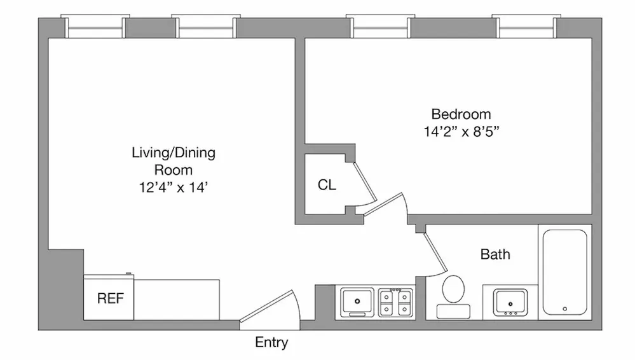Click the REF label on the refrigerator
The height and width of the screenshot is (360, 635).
111,298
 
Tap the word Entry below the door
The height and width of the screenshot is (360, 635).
271,343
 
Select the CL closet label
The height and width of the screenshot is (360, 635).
327,186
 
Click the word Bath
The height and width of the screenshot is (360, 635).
495,254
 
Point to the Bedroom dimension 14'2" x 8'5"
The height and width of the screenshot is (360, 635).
461,134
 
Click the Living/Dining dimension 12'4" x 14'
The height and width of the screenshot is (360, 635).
173,187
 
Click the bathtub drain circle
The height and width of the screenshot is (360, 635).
564,309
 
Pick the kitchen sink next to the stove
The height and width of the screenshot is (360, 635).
358,301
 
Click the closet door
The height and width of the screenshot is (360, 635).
365,181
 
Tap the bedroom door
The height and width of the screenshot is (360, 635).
387,205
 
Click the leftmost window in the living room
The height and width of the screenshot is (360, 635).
95,27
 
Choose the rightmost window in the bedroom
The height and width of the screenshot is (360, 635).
524,27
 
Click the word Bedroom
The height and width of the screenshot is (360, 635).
461,114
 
